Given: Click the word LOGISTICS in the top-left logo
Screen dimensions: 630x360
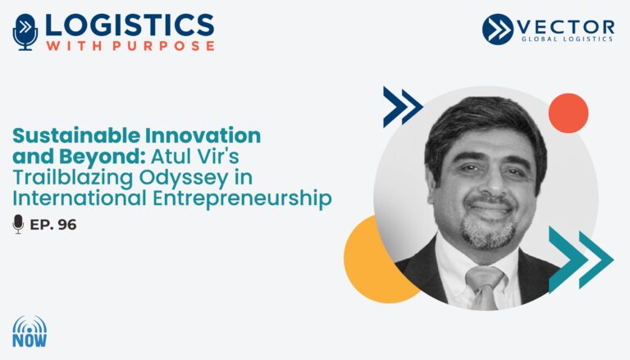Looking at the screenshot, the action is point(130,25).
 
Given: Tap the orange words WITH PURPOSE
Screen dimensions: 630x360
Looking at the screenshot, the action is point(130,46).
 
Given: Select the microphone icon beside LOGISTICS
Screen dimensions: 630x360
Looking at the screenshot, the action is point(25,32).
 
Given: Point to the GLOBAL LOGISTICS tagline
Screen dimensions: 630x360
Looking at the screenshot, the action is point(567,39).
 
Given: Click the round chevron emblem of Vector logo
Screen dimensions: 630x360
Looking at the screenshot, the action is point(498,29).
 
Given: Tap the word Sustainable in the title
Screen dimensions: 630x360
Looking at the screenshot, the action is point(76,135).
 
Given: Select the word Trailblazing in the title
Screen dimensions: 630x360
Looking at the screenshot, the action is point(73,178).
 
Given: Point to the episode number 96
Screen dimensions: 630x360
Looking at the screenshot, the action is point(67,225).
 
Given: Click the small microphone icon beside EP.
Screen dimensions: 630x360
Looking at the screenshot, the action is point(18,224).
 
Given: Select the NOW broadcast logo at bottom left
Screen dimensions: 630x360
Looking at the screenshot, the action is point(30,332).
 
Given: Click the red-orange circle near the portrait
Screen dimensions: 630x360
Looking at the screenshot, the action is point(568,113).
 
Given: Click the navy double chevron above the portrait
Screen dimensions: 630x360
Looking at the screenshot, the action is point(403,107).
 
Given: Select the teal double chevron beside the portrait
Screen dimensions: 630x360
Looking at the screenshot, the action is point(581,260).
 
